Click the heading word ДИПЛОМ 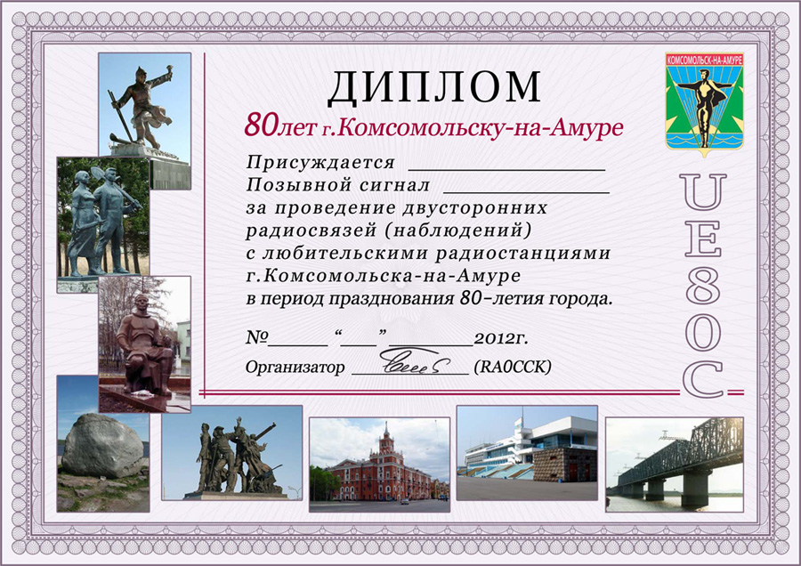[x=434, y=87]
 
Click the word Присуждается [x=320, y=163]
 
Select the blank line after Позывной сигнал [x=526, y=193]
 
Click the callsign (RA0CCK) [x=513, y=367]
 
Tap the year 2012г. [x=501, y=338]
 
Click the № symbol [x=257, y=337]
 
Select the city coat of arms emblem [x=705, y=101]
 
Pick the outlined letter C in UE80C [x=703, y=378]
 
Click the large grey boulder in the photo [x=102, y=446]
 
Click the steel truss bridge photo [x=675, y=465]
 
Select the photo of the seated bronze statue [x=144, y=344]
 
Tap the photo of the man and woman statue [x=103, y=224]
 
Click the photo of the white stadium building [x=527, y=453]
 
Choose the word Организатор [x=295, y=368]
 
